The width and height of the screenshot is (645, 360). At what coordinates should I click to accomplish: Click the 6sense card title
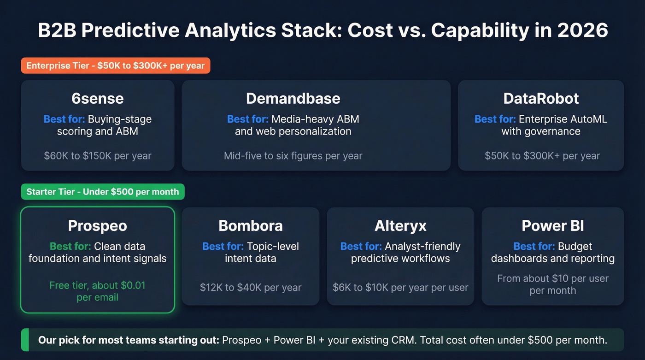coord(98,98)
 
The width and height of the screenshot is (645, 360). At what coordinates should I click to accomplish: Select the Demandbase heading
coord(293,98)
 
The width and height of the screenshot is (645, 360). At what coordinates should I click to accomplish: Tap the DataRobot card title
coord(541,98)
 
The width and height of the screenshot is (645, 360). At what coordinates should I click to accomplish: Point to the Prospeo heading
coord(97,225)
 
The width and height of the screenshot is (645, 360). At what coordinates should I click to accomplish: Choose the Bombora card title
coord(251,225)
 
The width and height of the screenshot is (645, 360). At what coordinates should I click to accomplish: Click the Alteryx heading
coord(400,225)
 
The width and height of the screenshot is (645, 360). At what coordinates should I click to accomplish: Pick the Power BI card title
coord(553,225)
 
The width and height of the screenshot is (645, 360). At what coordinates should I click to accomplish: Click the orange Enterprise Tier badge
coord(116,65)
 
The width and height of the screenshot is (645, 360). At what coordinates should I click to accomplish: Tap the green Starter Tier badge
coord(103,192)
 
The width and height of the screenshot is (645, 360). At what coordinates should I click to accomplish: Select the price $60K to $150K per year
coord(98,156)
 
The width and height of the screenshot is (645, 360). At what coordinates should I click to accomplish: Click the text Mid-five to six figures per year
coord(293,156)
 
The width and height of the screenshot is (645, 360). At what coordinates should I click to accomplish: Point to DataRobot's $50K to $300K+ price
coord(542,156)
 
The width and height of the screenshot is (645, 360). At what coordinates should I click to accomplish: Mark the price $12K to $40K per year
coord(251,287)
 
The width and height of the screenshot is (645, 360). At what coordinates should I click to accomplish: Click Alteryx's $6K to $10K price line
coord(400,287)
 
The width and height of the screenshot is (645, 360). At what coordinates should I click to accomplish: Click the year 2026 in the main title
coord(582,30)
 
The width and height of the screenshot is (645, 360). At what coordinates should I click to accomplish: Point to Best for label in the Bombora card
coord(223,246)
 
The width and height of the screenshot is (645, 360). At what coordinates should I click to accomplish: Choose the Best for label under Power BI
coord(534,246)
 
